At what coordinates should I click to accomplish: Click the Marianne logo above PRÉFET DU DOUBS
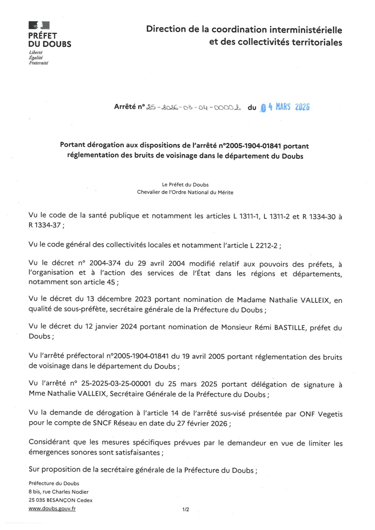click(39, 25)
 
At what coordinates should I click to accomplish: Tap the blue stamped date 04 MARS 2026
click(285, 107)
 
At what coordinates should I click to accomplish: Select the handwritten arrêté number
click(193, 107)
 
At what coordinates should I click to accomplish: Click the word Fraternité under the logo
click(38, 63)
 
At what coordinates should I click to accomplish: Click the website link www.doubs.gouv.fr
click(52, 508)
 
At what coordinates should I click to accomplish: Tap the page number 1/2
click(186, 509)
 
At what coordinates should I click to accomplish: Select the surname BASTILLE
click(290, 328)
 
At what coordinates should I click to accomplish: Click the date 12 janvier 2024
click(111, 327)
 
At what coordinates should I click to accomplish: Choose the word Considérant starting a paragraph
click(49, 442)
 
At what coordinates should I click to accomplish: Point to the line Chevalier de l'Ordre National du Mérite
click(185, 192)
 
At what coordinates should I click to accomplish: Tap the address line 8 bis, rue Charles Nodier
click(59, 492)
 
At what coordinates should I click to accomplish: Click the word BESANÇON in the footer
click(61, 500)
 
